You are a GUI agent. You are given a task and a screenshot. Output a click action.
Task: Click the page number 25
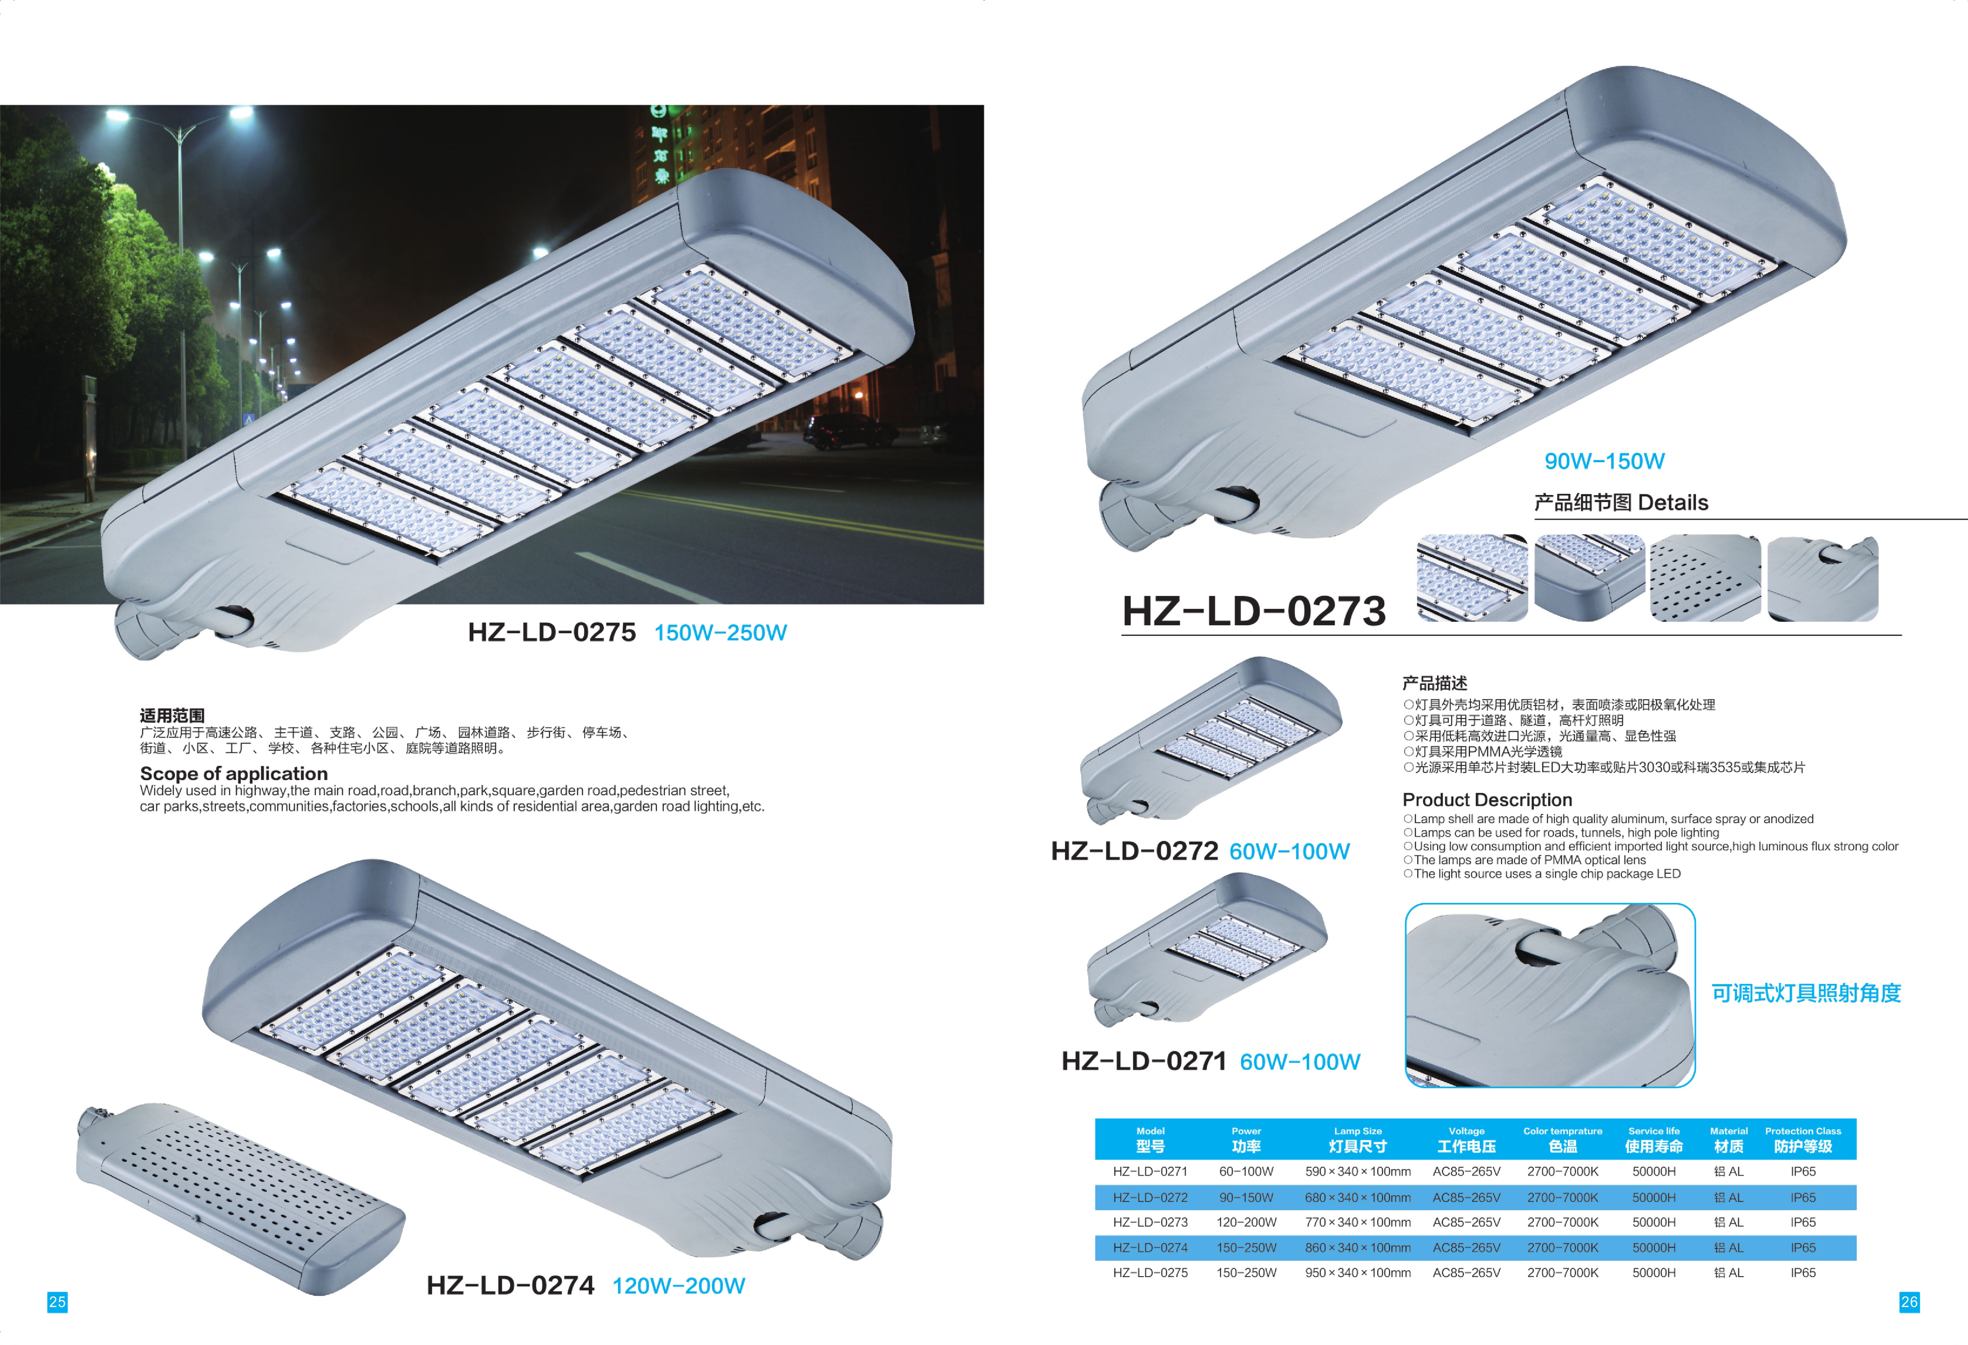pyautogui.click(x=57, y=1302)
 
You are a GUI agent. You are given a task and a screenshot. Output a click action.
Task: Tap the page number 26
pyautogui.click(x=1909, y=1302)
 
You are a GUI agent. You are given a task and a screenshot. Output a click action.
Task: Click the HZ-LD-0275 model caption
pyautogui.click(x=551, y=633)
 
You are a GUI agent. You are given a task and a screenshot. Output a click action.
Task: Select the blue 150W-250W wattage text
pyautogui.click(x=721, y=633)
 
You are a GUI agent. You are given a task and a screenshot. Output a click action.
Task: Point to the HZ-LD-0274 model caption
pyautogui.click(x=510, y=1286)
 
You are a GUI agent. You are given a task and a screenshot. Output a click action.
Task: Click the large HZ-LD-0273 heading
pyautogui.click(x=1254, y=612)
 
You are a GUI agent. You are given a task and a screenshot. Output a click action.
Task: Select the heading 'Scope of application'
pyautogui.click(x=234, y=773)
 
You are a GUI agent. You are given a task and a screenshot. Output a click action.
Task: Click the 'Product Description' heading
pyautogui.click(x=1487, y=799)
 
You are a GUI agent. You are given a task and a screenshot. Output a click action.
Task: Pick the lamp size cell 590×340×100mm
pyautogui.click(x=1357, y=1171)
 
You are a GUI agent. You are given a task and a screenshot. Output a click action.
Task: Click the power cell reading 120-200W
pyautogui.click(x=1247, y=1222)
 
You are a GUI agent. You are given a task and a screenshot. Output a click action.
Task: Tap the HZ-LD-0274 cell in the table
pyautogui.click(x=1150, y=1248)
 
